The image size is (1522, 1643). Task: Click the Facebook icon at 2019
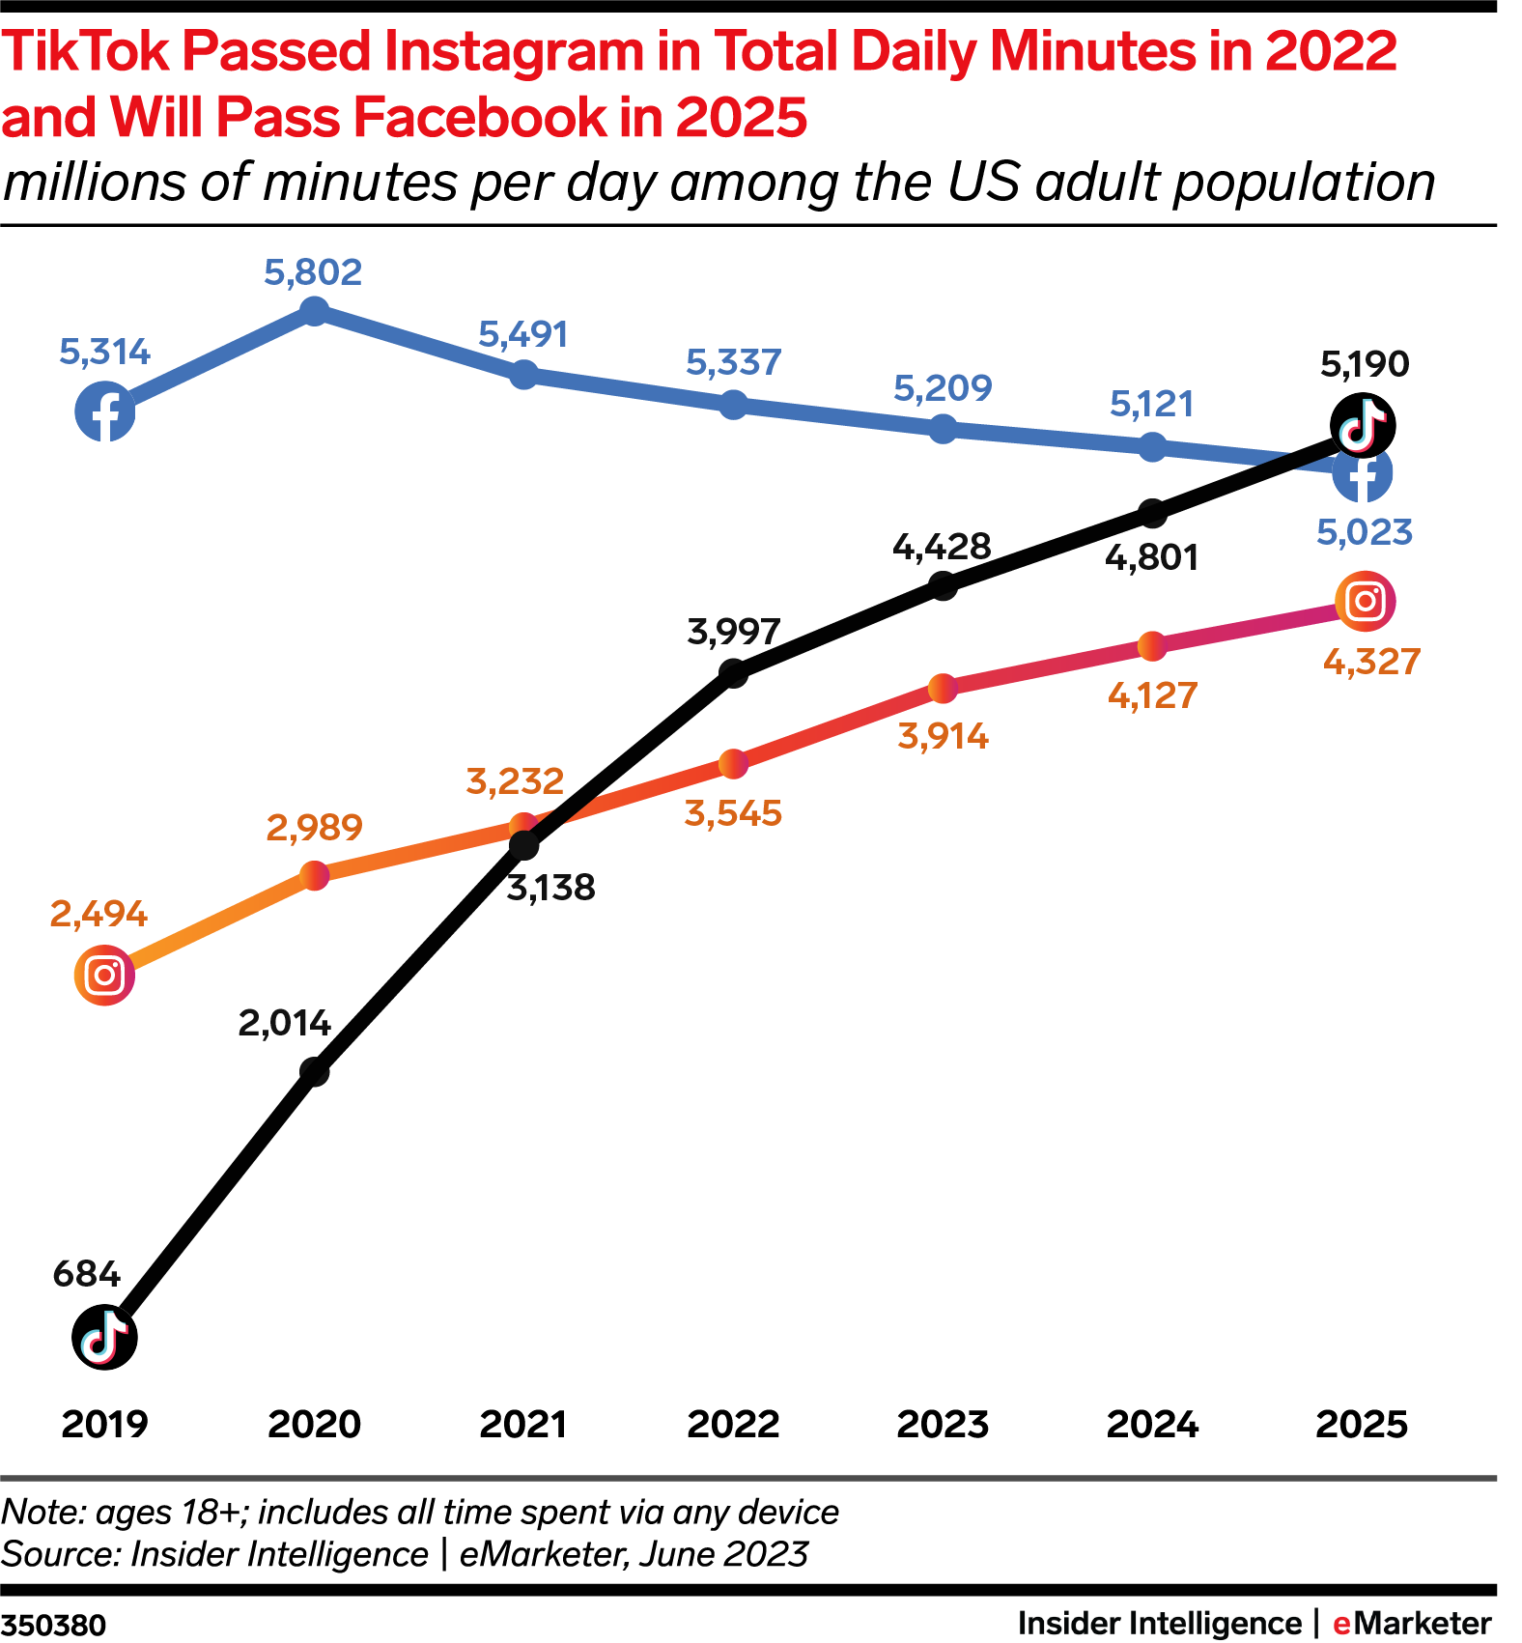[104, 411]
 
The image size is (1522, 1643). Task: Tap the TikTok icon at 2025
[1362, 425]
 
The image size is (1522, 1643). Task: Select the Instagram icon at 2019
[104, 975]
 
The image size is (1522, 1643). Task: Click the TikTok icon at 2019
[104, 1337]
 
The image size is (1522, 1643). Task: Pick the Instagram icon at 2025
[1365, 601]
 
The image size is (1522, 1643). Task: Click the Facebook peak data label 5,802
[313, 272]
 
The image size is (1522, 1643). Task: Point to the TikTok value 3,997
[733, 632]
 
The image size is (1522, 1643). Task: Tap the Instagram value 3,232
[515, 780]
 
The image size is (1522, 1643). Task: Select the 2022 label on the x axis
[733, 1424]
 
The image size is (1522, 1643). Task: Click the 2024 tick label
[1152, 1424]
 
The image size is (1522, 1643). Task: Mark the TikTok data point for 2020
[314, 1071]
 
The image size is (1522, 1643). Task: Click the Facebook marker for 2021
[522, 374]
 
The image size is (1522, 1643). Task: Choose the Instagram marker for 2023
[943, 689]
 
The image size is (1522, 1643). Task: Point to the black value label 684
[87, 1274]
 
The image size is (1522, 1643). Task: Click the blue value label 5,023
[1364, 532]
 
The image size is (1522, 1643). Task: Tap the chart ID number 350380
[53, 1625]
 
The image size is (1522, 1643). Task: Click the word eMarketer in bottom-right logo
[1412, 1624]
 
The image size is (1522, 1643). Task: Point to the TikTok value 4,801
[1151, 557]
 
